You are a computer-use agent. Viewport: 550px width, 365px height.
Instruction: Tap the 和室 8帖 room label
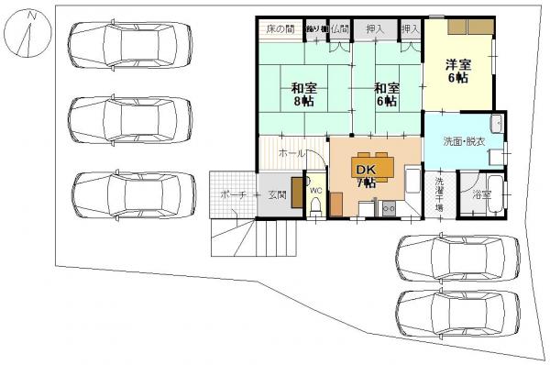(304, 95)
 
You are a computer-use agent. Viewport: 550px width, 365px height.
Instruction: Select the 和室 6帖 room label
(386, 95)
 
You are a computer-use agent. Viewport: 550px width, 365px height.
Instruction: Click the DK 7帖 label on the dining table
(366, 174)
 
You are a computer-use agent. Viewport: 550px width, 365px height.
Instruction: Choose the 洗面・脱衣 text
(464, 143)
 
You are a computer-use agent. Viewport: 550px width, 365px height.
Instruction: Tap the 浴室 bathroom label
(480, 195)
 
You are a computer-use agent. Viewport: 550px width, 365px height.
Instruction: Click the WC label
(315, 191)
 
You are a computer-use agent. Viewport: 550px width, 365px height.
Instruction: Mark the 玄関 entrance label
(277, 194)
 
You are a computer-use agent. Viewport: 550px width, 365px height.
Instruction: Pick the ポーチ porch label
(233, 194)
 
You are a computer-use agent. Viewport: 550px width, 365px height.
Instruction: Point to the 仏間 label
(340, 30)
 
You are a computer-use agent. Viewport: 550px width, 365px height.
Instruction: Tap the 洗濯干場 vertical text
(439, 194)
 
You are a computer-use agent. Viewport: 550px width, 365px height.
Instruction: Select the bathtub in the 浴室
(495, 194)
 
